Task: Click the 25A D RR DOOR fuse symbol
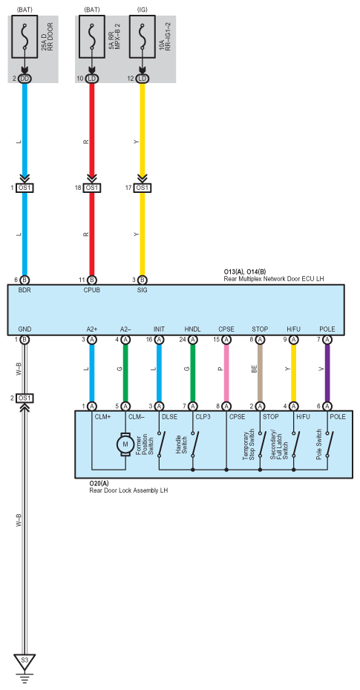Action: (x=24, y=37)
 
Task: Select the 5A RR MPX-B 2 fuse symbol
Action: (x=91, y=37)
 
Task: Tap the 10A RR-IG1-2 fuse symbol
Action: (x=143, y=37)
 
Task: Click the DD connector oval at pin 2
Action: (x=24, y=79)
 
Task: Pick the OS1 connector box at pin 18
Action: (x=91, y=188)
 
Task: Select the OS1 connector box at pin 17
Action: (x=142, y=188)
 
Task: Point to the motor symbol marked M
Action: (x=125, y=444)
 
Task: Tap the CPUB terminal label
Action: (x=91, y=290)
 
